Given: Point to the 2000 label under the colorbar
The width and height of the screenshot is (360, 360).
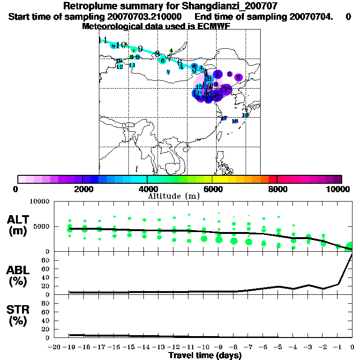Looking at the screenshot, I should pos(82,189).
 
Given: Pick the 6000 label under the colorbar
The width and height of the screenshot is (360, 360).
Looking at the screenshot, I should pos(212,189).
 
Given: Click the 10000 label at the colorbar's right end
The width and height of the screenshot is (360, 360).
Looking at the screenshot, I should pos(339,189).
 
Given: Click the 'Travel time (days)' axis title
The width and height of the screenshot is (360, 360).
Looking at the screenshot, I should pos(205,356).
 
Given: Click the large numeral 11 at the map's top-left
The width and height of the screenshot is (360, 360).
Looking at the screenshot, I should pos(103,40).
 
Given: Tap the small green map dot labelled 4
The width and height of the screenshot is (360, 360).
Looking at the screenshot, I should pos(171,51).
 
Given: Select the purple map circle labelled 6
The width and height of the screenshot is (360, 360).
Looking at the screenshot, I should pos(238,77).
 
